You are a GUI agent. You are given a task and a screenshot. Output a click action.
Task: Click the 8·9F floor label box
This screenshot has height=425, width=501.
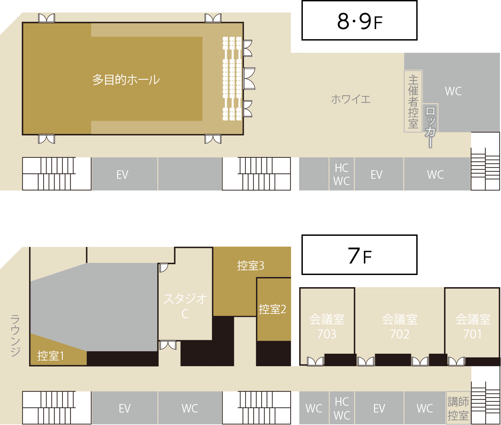[x=359, y=20]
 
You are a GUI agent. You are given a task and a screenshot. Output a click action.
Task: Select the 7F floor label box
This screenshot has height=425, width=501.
[x=359, y=255]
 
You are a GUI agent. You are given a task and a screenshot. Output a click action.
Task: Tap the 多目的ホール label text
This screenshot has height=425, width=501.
[x=126, y=79]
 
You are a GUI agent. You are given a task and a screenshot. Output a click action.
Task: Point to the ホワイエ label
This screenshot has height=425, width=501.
[x=351, y=99]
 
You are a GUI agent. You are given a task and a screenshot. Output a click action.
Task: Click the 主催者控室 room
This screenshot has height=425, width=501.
[x=413, y=101]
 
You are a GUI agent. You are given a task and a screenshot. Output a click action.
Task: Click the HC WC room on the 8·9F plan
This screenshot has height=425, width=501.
[x=342, y=174]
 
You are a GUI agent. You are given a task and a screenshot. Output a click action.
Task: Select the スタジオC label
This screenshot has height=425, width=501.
[x=185, y=306]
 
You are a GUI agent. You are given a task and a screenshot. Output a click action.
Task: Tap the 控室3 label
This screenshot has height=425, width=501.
[x=250, y=266]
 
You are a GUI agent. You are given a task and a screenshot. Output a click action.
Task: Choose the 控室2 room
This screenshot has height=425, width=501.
[x=274, y=309]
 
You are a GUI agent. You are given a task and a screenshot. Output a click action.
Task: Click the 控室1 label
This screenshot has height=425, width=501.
[x=51, y=356]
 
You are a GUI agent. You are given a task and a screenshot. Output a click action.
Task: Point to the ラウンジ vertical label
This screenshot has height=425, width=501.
[x=15, y=336]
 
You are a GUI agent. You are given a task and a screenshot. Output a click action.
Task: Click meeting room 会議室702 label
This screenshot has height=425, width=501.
[x=400, y=326]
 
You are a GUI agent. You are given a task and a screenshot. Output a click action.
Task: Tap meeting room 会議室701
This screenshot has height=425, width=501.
[x=472, y=323]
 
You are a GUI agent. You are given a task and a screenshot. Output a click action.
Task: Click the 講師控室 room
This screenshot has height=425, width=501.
[x=458, y=408]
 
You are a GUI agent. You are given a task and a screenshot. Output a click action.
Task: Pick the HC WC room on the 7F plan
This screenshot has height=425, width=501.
[x=342, y=408]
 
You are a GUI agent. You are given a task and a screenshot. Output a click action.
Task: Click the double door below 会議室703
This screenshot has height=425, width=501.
[x=315, y=361]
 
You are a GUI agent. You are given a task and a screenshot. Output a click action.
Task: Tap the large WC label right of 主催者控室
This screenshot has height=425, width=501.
[x=453, y=91]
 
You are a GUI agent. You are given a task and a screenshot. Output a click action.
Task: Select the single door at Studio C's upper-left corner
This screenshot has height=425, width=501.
[x=163, y=268]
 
